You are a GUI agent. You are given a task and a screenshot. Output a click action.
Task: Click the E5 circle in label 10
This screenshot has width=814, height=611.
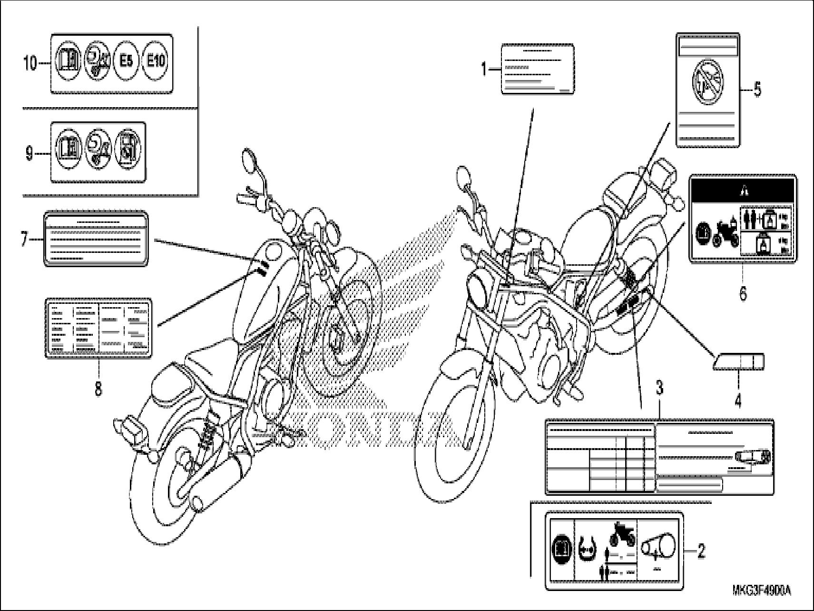126,62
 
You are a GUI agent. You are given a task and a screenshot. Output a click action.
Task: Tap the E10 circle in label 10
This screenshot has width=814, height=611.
155,62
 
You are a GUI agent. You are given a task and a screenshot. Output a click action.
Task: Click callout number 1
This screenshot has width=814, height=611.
484,70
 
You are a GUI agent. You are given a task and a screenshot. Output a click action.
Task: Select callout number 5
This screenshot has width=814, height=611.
757,90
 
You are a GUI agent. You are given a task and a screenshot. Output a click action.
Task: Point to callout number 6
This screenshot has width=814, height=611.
743,293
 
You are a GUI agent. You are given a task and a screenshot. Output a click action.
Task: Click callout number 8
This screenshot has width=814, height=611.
98,389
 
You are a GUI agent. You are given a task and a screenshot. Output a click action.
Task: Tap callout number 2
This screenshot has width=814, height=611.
701,552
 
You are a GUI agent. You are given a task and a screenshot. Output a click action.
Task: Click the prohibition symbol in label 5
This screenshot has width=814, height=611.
708,84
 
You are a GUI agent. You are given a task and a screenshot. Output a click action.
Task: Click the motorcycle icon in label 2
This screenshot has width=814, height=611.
622,535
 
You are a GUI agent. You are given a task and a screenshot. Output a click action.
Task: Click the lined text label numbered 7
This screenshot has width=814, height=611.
96,238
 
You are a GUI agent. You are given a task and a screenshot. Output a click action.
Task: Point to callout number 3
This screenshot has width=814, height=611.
659,388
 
